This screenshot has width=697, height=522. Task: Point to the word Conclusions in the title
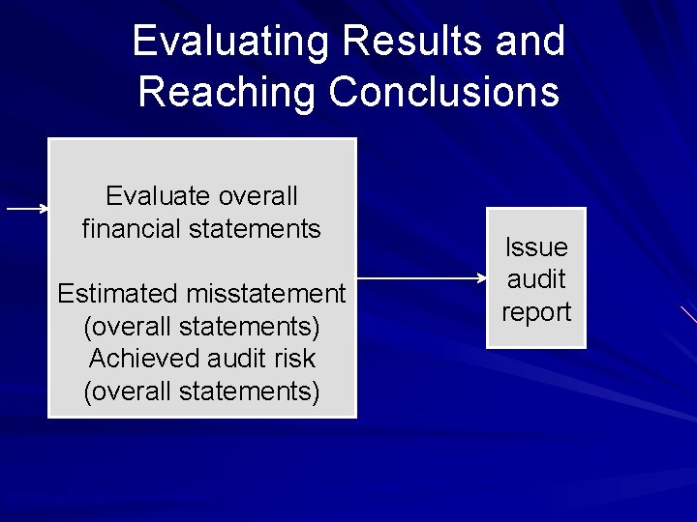[443, 93]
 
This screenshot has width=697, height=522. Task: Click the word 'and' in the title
[529, 43]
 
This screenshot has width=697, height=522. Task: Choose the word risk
[294, 359]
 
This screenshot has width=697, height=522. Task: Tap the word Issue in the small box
[536, 247]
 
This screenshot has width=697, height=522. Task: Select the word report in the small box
[536, 312]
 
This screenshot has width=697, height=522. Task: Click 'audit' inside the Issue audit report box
[536, 279]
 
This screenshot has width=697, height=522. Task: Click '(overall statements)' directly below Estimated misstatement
[201, 326]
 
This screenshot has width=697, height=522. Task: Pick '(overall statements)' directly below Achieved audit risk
[201, 391]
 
